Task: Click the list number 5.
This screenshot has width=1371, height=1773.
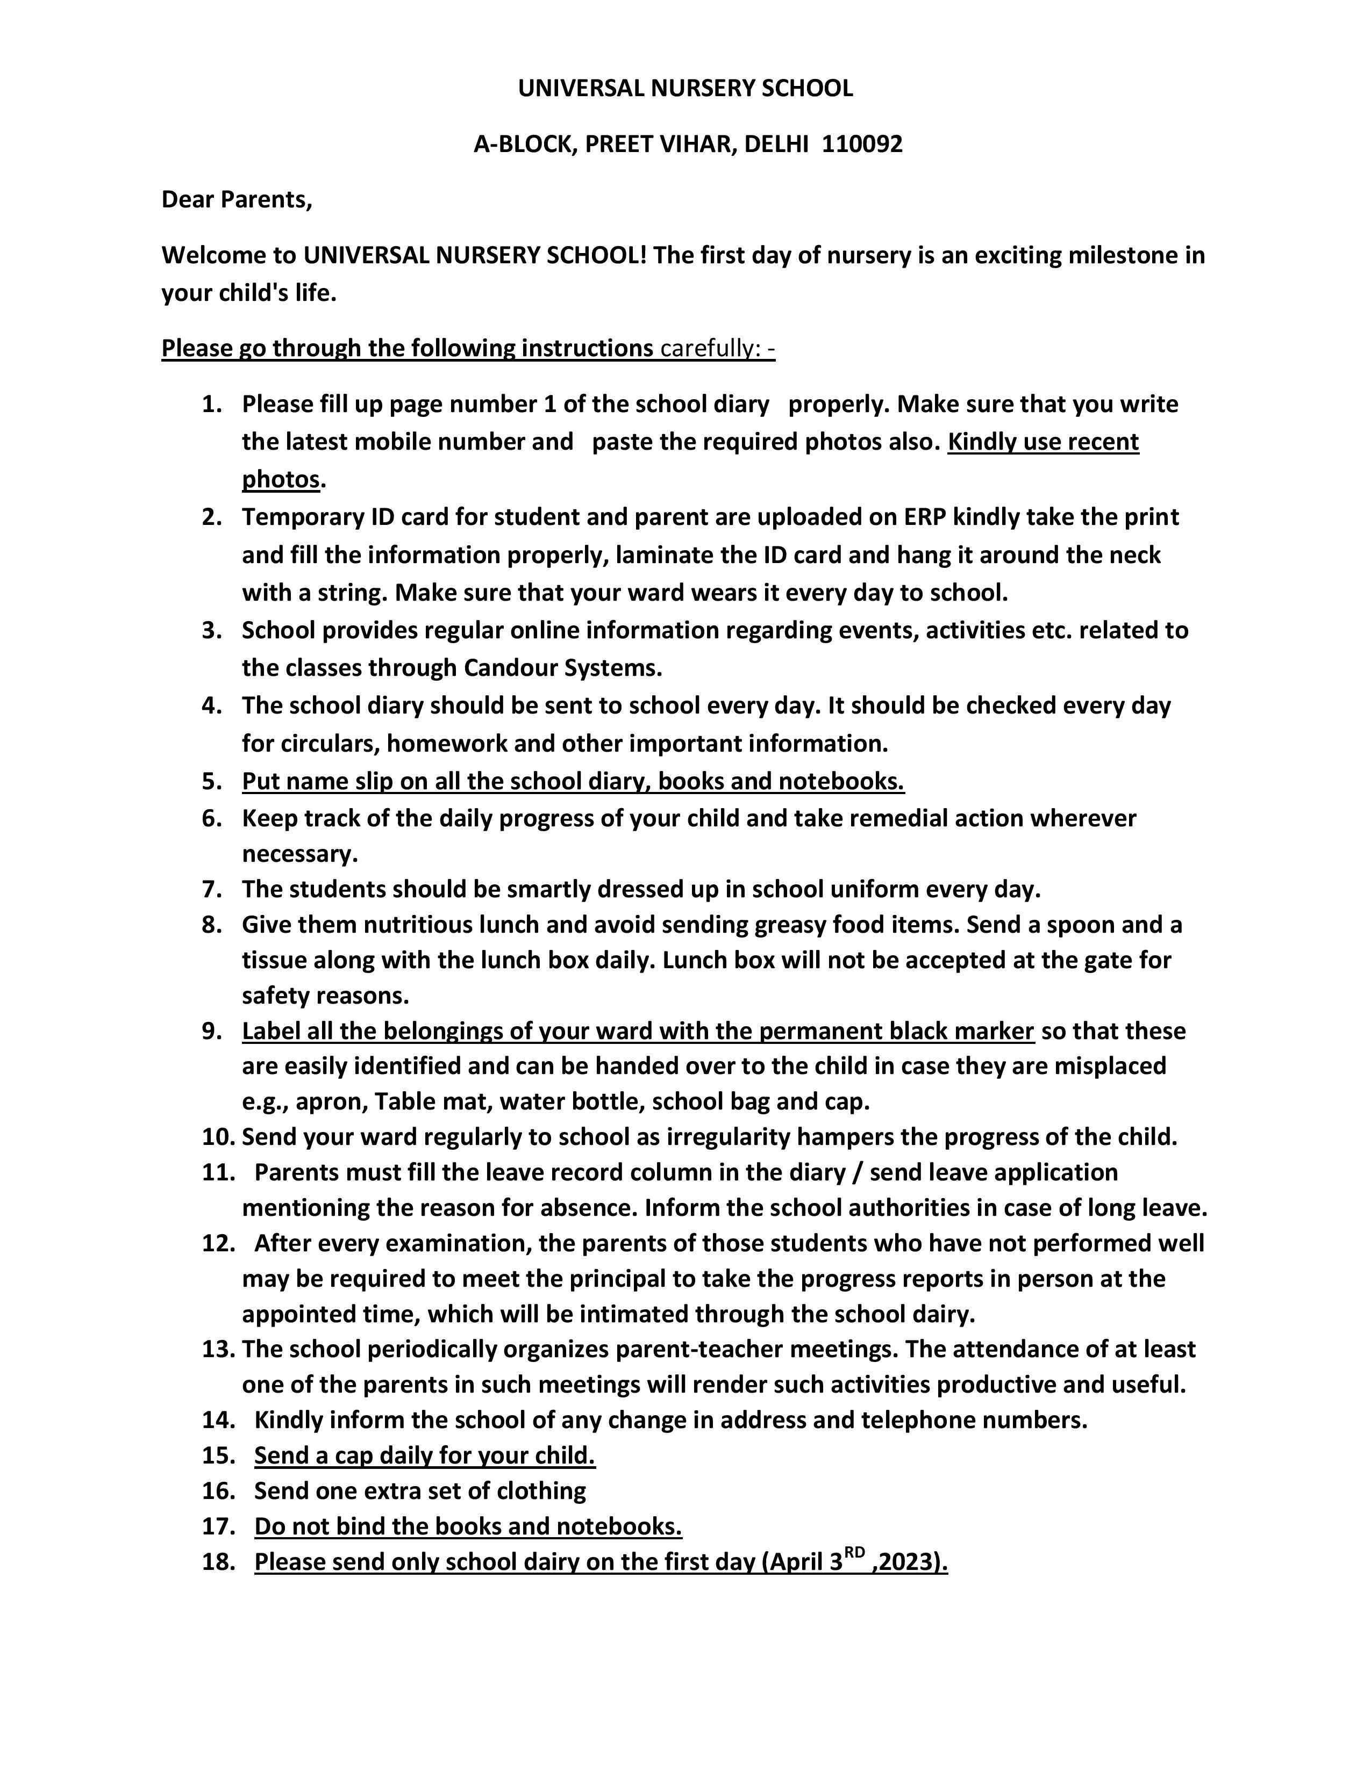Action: coord(211,781)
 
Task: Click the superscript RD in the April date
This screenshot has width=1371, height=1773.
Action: coord(854,1552)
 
